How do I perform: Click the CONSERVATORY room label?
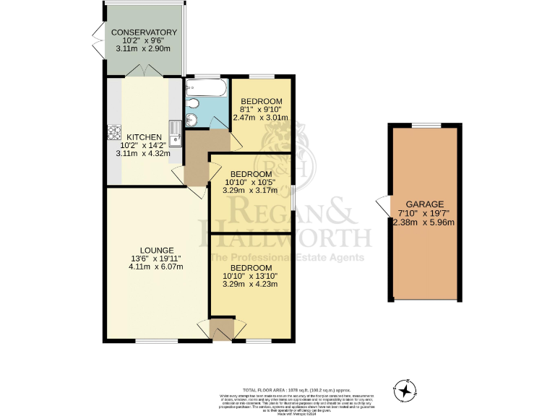coord(143,32)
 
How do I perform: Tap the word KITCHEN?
coord(145,136)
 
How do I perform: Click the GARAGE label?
coord(426,204)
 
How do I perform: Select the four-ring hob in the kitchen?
coord(113,132)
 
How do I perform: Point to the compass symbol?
coord(406,391)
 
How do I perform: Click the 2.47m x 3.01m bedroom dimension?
coord(264,118)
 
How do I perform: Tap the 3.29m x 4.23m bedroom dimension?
coord(249,284)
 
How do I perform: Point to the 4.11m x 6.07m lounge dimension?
coord(152,266)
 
